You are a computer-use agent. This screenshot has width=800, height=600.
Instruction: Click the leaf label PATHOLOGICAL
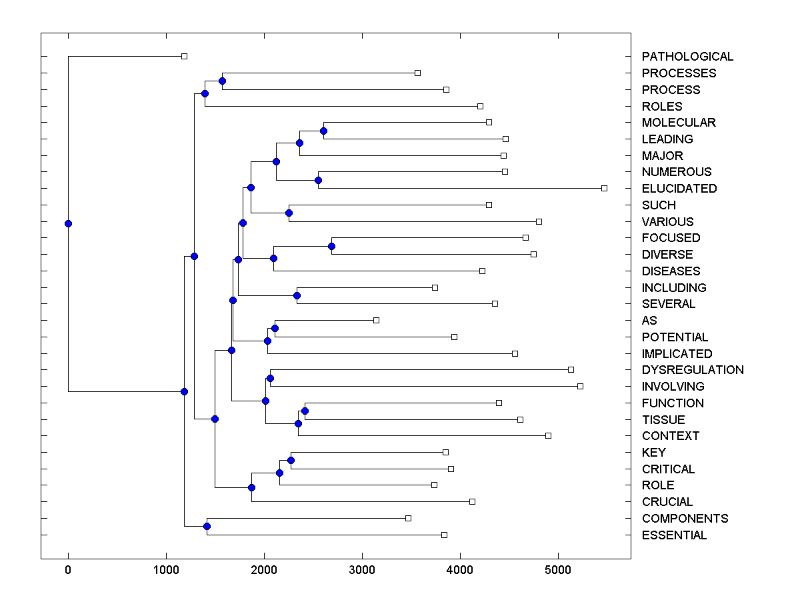click(x=687, y=57)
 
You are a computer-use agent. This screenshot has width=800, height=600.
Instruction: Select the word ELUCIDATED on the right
click(x=679, y=189)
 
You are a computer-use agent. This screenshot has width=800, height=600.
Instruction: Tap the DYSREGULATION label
click(x=693, y=370)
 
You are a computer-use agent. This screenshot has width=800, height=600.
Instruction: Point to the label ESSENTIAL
click(x=674, y=535)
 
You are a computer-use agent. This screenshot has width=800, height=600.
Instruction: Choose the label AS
click(x=649, y=321)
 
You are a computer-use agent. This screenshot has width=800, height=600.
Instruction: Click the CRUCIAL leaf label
click(x=667, y=502)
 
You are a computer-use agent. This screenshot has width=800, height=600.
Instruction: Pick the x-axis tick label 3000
click(x=362, y=570)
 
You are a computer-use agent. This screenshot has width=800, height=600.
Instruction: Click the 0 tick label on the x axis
click(x=68, y=570)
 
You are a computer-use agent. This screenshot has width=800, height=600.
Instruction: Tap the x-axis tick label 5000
click(x=558, y=570)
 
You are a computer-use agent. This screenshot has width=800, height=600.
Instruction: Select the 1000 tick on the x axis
click(x=166, y=570)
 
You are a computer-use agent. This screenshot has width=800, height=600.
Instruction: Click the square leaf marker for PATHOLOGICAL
click(x=185, y=56)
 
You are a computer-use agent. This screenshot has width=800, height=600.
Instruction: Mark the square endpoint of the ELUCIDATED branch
click(x=604, y=189)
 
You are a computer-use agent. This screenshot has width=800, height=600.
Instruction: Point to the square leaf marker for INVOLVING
click(x=580, y=386)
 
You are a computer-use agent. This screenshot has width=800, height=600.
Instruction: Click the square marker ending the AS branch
click(x=376, y=321)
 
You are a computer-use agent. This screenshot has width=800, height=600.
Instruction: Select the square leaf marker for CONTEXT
click(x=548, y=435)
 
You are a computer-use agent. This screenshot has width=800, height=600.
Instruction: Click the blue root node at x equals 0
click(x=68, y=223)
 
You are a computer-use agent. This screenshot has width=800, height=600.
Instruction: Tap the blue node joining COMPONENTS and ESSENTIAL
click(x=207, y=527)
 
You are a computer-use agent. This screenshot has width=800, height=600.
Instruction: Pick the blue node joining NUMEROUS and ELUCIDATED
click(x=318, y=180)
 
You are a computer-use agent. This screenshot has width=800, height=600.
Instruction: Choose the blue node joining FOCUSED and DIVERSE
click(x=331, y=246)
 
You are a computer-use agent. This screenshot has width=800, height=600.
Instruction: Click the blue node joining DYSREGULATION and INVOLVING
click(x=270, y=378)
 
